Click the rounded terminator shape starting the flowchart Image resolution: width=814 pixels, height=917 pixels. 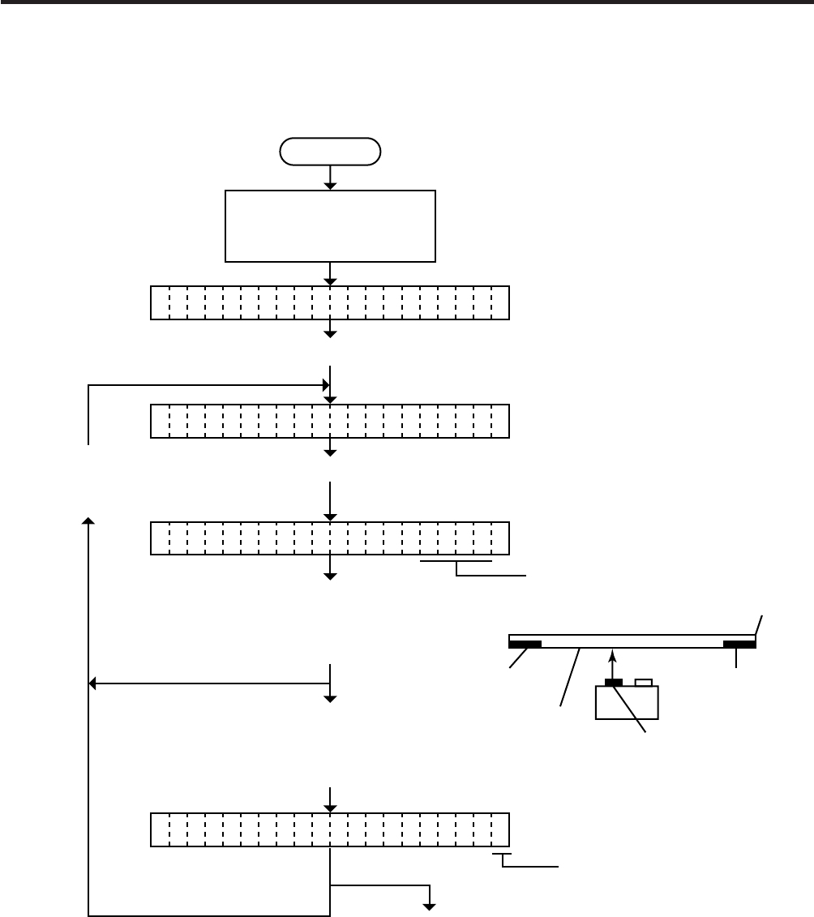(x=330, y=152)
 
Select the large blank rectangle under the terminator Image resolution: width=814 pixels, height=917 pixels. (x=330, y=226)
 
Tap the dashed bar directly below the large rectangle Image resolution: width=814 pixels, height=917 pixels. (x=330, y=302)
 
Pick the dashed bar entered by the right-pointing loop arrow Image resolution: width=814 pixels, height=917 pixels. (x=330, y=421)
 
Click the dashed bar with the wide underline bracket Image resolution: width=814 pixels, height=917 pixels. (x=330, y=538)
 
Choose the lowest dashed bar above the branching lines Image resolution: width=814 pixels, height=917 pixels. (x=330, y=829)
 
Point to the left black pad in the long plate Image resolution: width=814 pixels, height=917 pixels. (x=525, y=645)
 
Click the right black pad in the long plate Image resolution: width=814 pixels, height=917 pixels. (x=739, y=645)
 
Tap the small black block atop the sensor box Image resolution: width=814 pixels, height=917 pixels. (x=613, y=683)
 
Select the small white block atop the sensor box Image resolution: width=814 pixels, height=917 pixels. (x=644, y=683)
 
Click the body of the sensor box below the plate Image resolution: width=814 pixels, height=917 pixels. (x=627, y=703)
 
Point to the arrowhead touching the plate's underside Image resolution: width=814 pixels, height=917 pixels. (x=613, y=653)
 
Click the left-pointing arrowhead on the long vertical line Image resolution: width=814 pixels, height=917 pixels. (x=92, y=683)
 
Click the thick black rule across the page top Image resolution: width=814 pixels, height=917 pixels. (x=407, y=3)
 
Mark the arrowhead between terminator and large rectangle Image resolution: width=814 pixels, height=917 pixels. (x=330, y=186)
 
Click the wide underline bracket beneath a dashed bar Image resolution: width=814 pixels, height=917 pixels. (x=456, y=561)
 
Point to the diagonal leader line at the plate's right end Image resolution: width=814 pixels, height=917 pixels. (x=759, y=625)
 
